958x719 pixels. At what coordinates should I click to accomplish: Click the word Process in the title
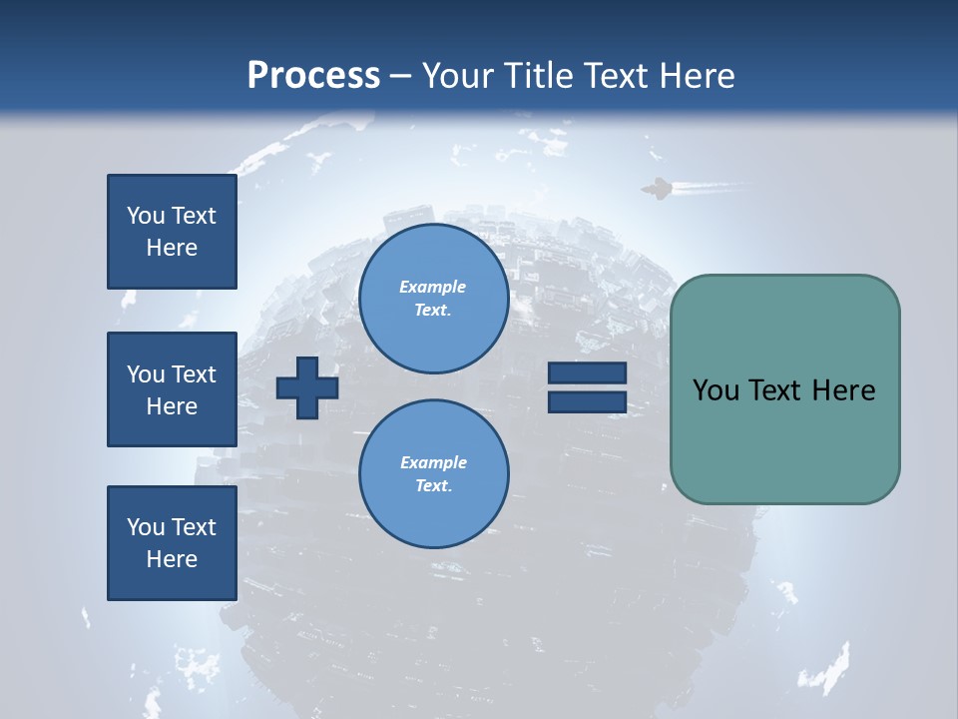coord(313,76)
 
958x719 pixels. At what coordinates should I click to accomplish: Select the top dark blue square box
coord(172,232)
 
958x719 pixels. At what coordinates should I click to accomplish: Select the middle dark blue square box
coord(172,389)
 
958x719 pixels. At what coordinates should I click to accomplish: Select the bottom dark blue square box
coord(172,542)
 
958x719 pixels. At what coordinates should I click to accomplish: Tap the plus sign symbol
coord(307,387)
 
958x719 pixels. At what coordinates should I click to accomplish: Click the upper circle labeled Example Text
coord(433,298)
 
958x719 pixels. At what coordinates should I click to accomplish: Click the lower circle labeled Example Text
coord(433,473)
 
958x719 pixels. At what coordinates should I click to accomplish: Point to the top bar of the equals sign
coord(587,373)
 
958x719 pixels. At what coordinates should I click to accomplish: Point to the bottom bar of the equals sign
coord(587,401)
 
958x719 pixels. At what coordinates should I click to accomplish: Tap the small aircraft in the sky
coord(657,188)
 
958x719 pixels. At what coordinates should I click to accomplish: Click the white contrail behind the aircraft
coord(709,186)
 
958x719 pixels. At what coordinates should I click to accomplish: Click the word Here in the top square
coord(172,248)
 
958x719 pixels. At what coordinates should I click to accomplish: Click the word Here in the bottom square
coord(172,559)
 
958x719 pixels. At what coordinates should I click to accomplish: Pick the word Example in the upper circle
coord(433,287)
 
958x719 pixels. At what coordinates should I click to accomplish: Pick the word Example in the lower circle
coord(433,462)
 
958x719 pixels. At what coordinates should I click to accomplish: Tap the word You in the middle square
coord(146,374)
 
